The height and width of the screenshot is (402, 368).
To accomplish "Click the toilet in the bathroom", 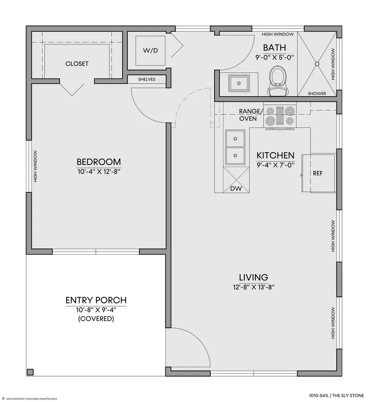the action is (277, 80).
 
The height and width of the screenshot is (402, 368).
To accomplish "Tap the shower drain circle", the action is (317, 64).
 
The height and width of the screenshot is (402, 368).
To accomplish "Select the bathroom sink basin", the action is (239, 83).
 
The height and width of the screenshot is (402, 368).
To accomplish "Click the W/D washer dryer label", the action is (150, 51).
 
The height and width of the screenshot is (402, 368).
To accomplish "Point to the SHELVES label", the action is (147, 79).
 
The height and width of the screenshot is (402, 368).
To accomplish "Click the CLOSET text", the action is (77, 64).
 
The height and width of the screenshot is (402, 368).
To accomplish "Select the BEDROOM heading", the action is (99, 162).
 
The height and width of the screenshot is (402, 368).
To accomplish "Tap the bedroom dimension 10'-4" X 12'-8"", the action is (99, 171).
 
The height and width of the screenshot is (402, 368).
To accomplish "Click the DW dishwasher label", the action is (236, 189).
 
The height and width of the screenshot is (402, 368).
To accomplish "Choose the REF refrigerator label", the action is (318, 173).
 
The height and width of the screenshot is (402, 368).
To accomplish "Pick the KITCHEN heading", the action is (276, 156).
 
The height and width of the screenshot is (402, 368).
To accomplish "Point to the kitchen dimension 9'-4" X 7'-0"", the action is (276, 165).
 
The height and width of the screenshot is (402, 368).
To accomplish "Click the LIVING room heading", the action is (253, 277).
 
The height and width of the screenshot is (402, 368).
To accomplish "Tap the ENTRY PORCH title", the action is (96, 300).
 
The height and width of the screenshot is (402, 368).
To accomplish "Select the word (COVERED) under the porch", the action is (96, 319).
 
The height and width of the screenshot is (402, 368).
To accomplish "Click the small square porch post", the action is (30, 372).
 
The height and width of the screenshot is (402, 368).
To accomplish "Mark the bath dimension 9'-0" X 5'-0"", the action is (275, 57).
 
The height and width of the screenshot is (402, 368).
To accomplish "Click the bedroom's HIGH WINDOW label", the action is (35, 166).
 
